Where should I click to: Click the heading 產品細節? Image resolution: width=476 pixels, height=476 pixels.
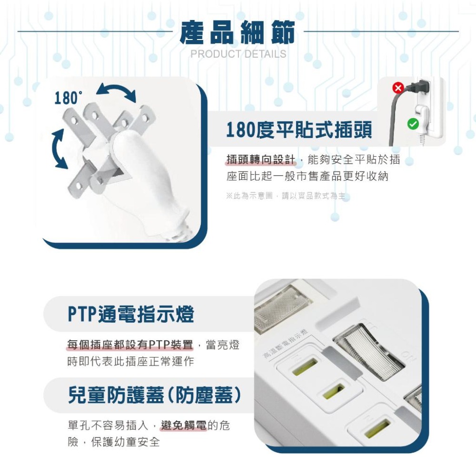pyautogui.click(x=238, y=33)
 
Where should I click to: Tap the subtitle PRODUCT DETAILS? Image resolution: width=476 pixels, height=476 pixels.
pyautogui.click(x=238, y=54)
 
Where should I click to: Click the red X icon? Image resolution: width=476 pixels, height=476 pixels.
pyautogui.click(x=398, y=88)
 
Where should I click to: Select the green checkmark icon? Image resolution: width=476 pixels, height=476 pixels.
pyautogui.click(x=413, y=124)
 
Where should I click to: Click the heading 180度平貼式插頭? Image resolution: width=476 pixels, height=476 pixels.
pyautogui.click(x=298, y=129)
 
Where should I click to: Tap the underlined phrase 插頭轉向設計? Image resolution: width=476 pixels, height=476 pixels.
pyautogui.click(x=260, y=160)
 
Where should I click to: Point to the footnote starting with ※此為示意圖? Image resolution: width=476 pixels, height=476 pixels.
pyautogui.click(x=288, y=196)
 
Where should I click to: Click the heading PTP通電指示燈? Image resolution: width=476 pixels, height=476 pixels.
pyautogui.click(x=131, y=315)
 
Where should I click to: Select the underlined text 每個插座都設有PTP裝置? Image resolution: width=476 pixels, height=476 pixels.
pyautogui.click(x=130, y=345)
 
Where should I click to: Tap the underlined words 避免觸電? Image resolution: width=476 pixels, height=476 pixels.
pyautogui.click(x=183, y=426)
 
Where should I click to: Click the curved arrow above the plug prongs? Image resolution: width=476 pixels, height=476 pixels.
pyautogui.click(x=116, y=91)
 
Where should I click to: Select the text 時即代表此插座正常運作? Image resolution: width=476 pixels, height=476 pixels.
pyautogui.click(x=130, y=361)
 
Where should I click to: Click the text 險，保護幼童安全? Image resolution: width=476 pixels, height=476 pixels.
pyautogui.click(x=113, y=442)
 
